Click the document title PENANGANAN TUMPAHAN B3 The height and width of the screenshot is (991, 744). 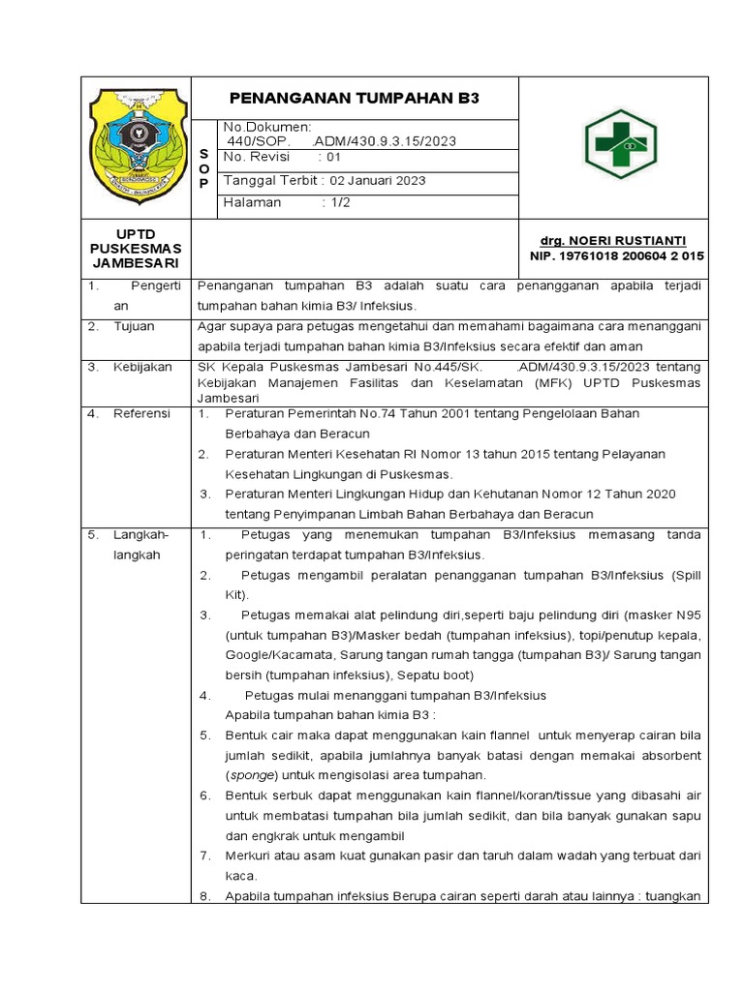tap(354, 99)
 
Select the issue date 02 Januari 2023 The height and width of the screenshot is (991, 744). tap(378, 180)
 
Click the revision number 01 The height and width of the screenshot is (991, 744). tap(334, 157)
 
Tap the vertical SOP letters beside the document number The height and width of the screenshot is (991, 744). tap(203, 168)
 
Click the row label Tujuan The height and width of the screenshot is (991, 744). tap(135, 326)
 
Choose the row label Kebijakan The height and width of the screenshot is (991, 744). tap(142, 367)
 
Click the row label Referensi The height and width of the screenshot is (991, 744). tap(142, 413)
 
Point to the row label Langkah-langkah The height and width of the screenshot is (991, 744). tap(141, 544)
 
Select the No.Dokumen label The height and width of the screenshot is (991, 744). tap(266, 127)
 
